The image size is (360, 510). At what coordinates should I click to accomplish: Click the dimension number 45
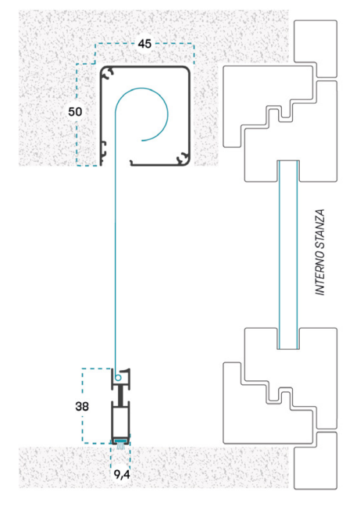click(x=144, y=44)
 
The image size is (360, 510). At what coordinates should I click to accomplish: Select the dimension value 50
click(x=75, y=112)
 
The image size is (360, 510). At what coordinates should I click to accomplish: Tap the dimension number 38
click(x=82, y=406)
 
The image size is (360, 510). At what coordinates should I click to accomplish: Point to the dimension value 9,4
click(x=122, y=475)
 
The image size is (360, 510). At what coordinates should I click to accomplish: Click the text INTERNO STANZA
click(x=320, y=252)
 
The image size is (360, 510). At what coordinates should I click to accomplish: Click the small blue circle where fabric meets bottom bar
click(x=118, y=378)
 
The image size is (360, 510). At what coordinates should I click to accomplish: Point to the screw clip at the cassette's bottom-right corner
click(x=183, y=159)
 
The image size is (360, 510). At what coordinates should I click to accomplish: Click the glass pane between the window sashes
click(x=288, y=255)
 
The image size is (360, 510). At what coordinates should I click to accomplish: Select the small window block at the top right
click(x=315, y=48)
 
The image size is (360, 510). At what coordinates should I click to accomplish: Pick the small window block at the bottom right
click(x=315, y=461)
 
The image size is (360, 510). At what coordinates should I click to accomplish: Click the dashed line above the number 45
click(x=144, y=45)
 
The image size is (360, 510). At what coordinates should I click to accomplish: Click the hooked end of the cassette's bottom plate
click(x=132, y=162)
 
